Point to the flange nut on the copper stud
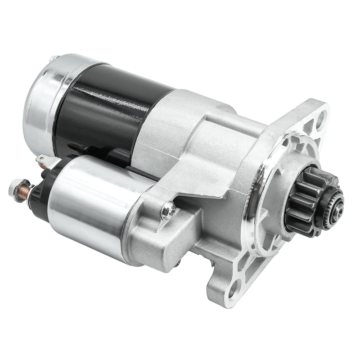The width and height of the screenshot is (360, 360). pyautogui.click(x=17, y=185)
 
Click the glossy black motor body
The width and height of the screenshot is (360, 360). pyautogui.click(x=112, y=108)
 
